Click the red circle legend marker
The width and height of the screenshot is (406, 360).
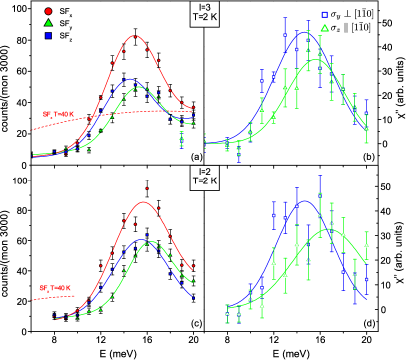click(x=48, y=11)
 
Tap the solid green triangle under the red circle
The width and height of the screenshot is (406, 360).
click(x=48, y=23)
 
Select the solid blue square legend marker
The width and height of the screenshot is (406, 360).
click(x=48, y=35)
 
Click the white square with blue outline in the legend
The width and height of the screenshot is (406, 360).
click(x=324, y=15)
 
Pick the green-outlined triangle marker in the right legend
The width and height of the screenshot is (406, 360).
click(x=324, y=27)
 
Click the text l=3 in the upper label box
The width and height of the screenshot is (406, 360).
click(x=204, y=9)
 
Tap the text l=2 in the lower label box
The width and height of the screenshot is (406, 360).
click(x=204, y=172)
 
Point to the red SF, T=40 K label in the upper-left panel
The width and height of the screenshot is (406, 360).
click(x=57, y=114)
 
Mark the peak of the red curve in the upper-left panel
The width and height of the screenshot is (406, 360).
click(x=134, y=36)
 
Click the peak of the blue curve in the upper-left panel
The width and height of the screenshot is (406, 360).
click(x=130, y=79)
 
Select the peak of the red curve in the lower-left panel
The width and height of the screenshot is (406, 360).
click(x=145, y=202)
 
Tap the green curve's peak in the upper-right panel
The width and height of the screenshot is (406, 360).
click(x=317, y=60)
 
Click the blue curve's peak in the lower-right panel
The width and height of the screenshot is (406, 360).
click(x=305, y=202)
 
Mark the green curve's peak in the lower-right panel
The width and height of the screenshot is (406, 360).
click(x=330, y=230)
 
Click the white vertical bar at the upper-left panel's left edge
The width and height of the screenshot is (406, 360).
click(x=29, y=153)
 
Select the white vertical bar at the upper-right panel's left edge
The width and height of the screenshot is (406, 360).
click(x=203, y=143)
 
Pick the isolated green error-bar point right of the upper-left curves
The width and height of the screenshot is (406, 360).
click(x=181, y=137)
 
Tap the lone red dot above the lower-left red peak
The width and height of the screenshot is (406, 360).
click(x=146, y=187)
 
